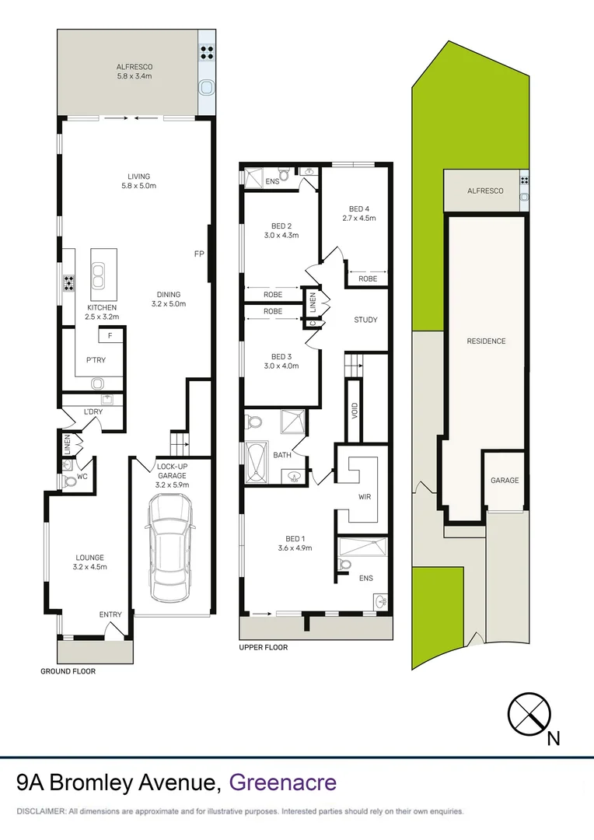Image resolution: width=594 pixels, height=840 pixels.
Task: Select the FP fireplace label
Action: click(200, 254)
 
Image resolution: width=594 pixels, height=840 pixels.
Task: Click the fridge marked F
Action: click(110, 336)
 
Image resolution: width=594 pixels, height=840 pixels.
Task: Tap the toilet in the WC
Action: click(71, 481)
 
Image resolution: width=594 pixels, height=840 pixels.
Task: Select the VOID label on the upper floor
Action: click(355, 410)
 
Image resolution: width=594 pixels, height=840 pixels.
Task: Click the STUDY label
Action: click(365, 320)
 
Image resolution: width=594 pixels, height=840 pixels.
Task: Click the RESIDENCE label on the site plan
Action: click(486, 341)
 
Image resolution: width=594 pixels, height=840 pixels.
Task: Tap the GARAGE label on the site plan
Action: click(504, 481)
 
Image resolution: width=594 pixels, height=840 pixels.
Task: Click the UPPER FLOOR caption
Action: click(264, 647)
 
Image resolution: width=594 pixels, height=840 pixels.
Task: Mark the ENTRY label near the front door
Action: click(110, 614)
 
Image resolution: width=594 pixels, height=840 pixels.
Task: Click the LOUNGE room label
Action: click(89, 557)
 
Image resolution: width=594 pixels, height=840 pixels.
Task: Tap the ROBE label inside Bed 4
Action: click(368, 278)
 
